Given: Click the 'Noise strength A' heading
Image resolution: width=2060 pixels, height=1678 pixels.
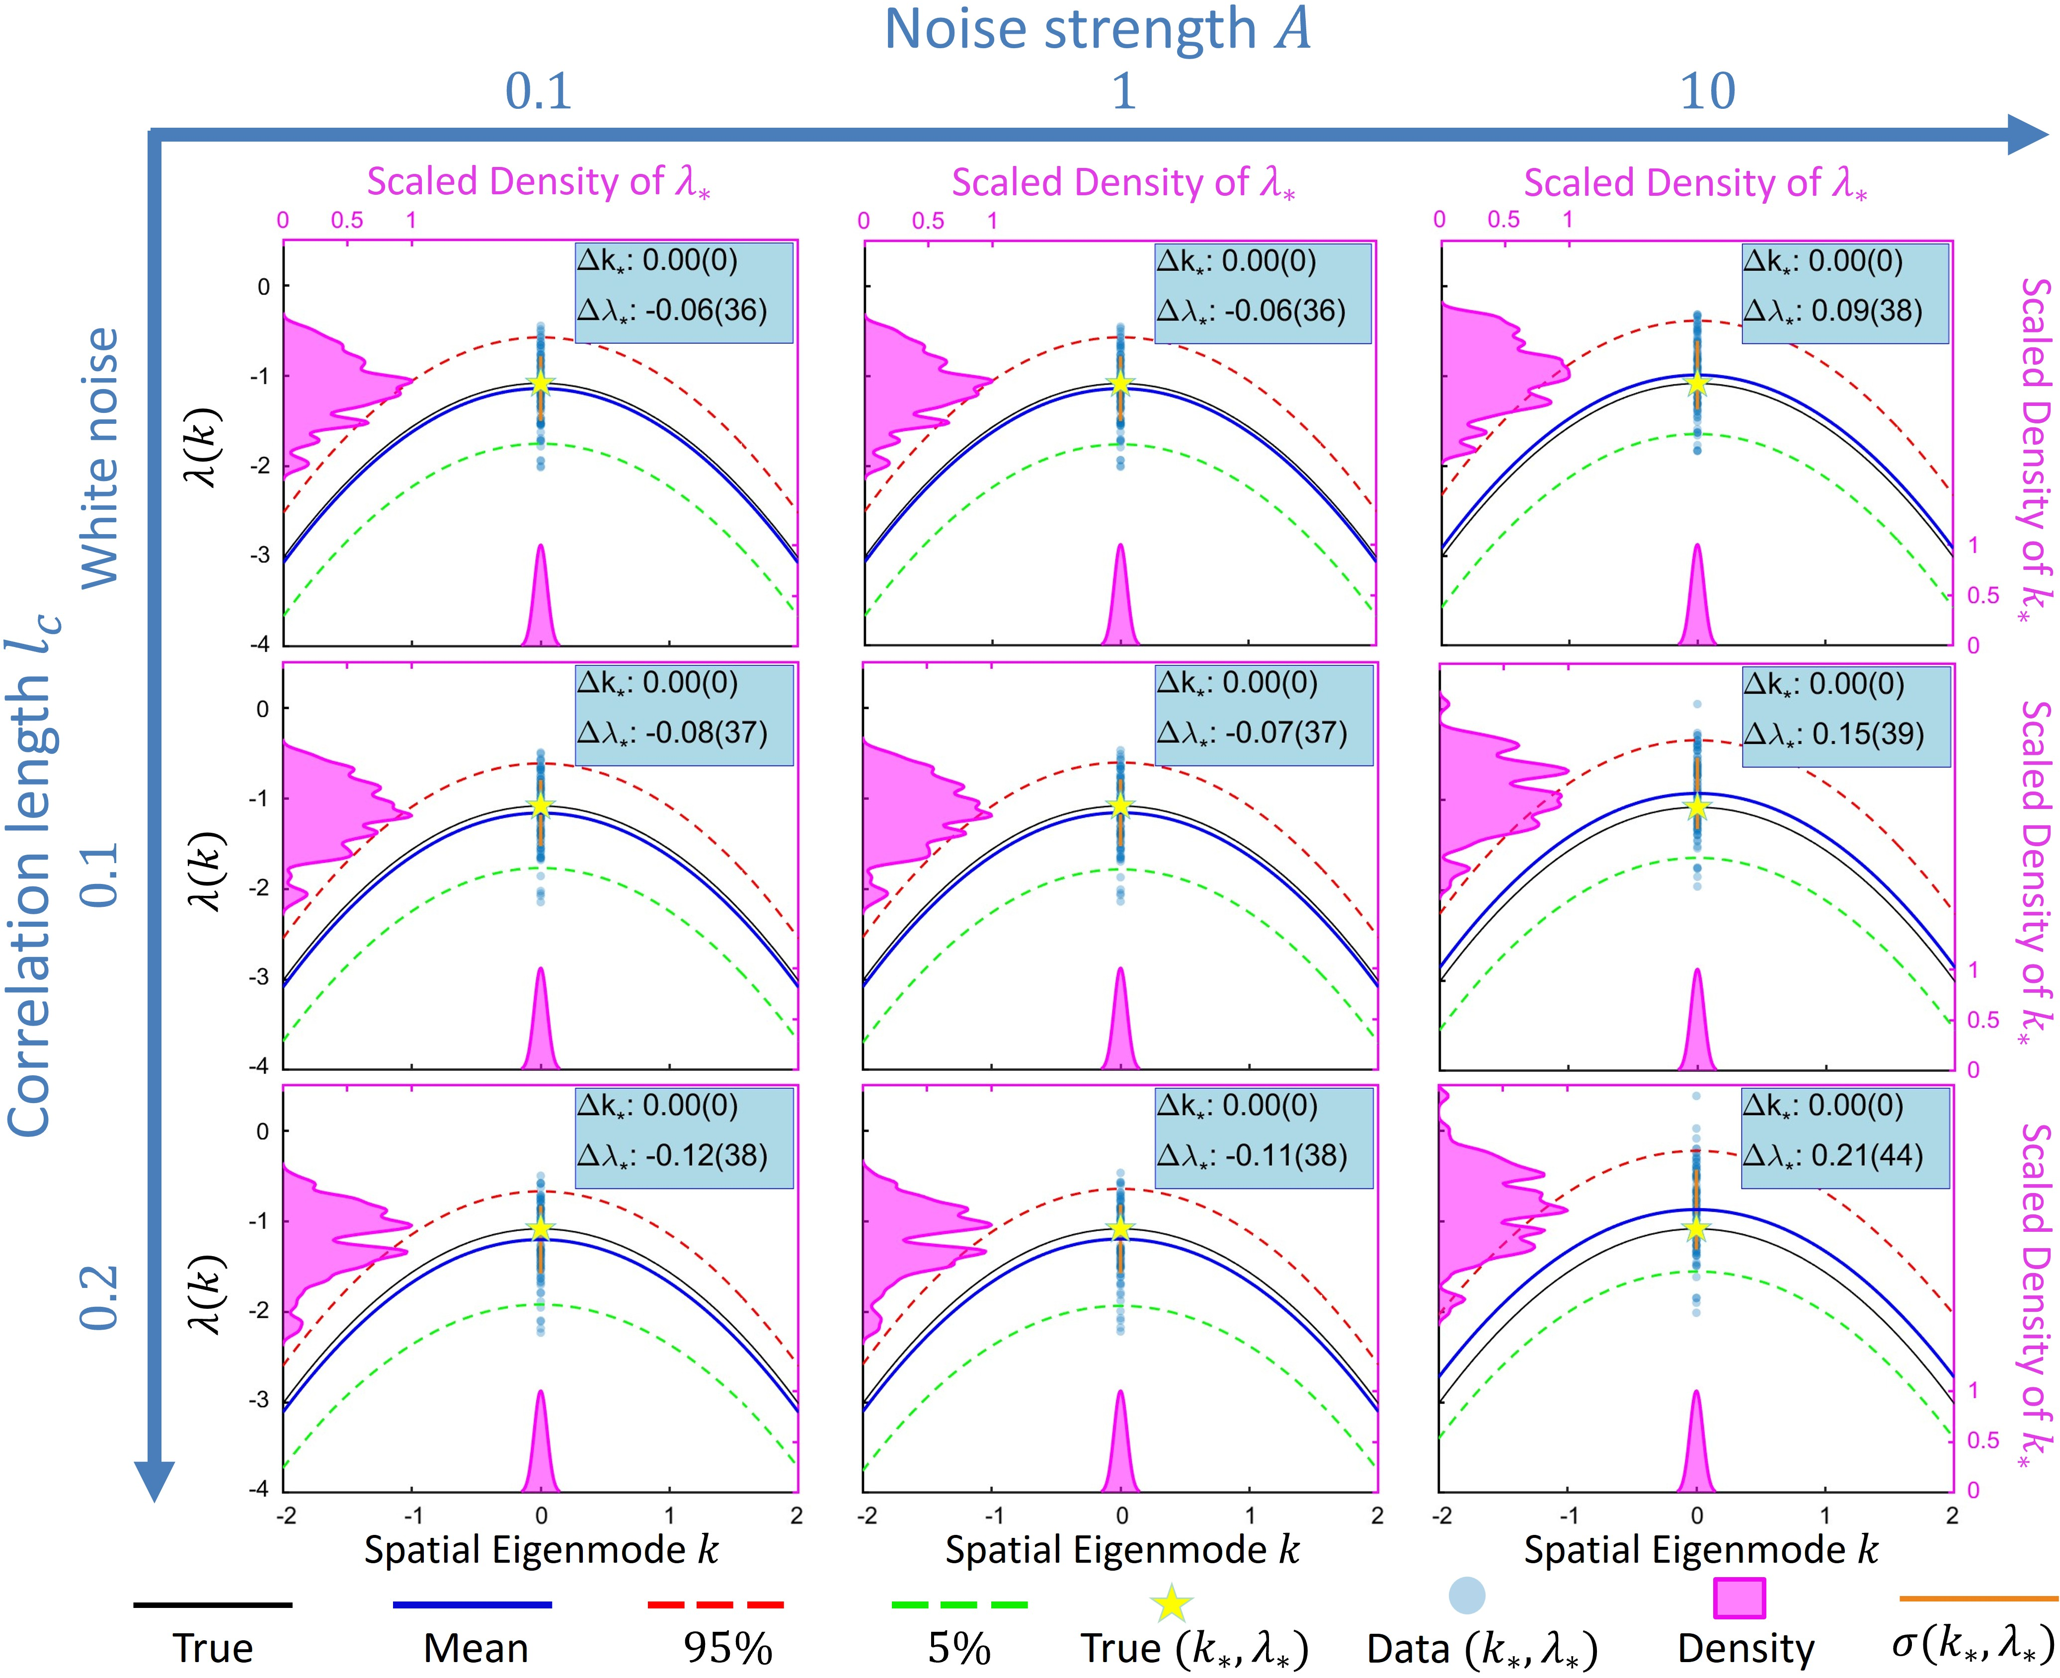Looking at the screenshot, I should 1097,29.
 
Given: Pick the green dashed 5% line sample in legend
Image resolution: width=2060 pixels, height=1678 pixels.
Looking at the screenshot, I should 959,1604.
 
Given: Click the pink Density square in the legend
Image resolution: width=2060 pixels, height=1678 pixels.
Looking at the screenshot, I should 1739,1598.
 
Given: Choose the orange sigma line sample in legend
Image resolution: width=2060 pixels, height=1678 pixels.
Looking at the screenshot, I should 1978,1598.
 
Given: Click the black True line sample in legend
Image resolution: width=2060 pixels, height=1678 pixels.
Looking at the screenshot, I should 213,1604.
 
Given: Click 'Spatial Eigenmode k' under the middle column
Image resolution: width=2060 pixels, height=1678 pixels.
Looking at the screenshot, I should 1121,1549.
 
